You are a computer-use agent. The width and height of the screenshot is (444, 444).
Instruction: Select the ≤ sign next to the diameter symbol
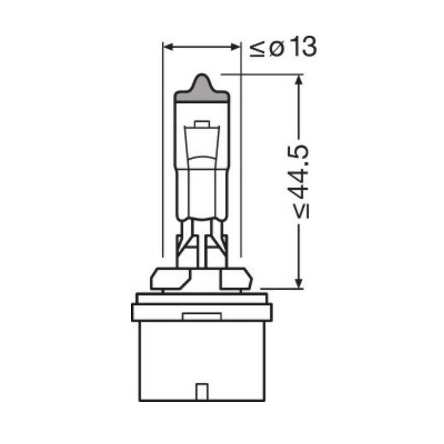coord(257,48)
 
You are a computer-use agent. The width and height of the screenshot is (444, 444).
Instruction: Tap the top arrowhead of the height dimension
coord(298,79)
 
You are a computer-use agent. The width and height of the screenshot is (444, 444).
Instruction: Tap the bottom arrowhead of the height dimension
coord(298,283)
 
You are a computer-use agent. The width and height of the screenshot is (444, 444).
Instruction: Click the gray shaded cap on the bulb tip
coord(202,91)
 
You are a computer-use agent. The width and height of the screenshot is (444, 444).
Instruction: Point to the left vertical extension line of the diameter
coord(163,148)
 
